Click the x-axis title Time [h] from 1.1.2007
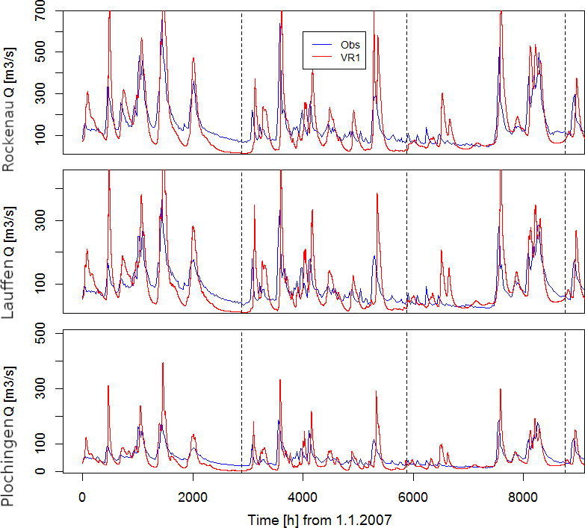click(320, 518)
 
